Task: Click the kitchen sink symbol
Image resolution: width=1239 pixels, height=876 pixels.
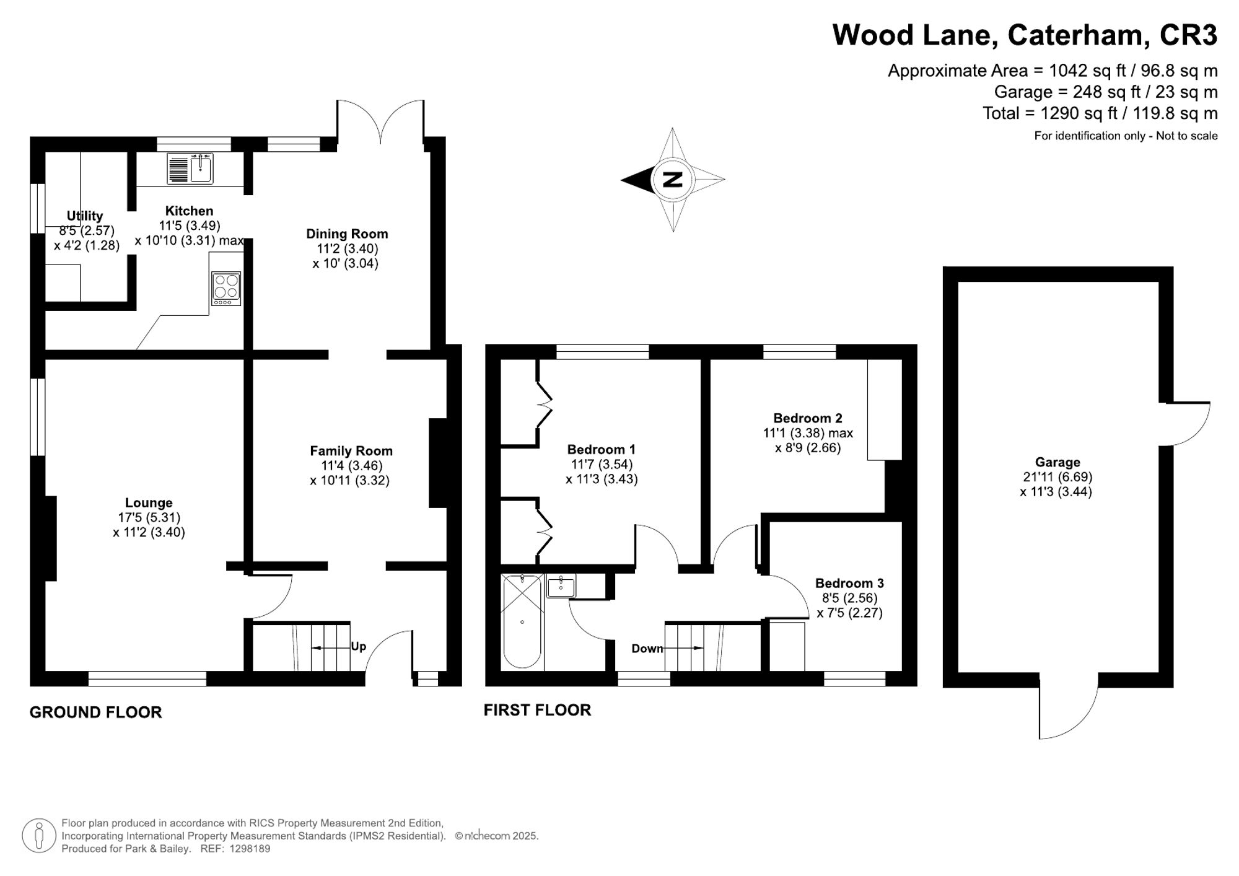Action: [190, 169]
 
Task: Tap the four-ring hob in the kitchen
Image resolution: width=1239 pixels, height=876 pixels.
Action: [226, 288]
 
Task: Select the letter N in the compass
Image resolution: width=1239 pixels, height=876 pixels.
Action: [673, 180]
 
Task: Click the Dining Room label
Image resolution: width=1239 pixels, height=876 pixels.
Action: [347, 234]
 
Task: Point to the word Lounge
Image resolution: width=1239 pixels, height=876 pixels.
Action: [149, 503]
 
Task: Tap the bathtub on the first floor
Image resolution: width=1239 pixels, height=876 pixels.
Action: [522, 621]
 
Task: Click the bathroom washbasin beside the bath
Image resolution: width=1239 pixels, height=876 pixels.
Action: [561, 586]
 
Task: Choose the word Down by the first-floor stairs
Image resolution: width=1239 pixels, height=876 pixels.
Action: [647, 649]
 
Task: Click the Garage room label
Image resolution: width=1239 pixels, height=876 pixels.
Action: [1057, 462]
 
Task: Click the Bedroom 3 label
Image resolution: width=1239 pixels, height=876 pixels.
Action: [849, 583]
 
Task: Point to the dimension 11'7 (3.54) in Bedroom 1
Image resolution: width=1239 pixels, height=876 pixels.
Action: [602, 464]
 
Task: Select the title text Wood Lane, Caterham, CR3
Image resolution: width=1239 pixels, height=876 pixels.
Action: [1025, 35]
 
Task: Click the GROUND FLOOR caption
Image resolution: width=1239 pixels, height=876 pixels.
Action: [96, 712]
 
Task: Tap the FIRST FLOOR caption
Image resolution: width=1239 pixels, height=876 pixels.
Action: [537, 710]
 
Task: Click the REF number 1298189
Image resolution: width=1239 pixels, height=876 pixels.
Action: [250, 849]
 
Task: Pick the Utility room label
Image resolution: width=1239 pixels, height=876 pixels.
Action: [85, 216]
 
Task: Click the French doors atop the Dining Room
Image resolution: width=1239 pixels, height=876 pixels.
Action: [380, 121]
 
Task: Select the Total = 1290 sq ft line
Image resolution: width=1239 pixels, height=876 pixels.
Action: [1100, 113]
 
